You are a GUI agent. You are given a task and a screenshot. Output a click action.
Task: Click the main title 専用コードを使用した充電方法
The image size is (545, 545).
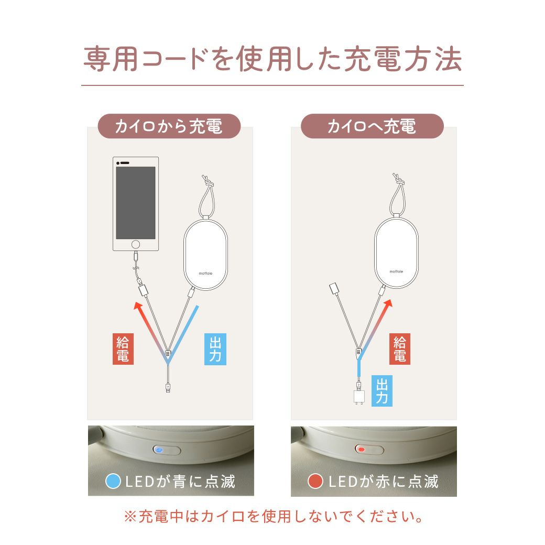tap(272, 59)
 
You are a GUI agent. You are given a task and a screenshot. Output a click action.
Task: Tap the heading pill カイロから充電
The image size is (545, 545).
tap(169, 126)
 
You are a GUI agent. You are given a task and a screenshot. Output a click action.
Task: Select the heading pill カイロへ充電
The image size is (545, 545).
tap(372, 126)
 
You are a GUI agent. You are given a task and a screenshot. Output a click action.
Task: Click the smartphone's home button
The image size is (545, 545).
tap(136, 244)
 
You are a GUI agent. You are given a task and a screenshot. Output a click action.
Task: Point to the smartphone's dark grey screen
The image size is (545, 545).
tap(136, 203)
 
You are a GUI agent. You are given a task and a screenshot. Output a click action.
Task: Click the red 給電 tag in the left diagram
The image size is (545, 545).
tap(123, 349)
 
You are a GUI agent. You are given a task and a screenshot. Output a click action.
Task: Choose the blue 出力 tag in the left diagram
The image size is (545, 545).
tap(215, 349)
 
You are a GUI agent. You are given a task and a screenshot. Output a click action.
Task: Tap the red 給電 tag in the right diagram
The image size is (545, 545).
tap(400, 349)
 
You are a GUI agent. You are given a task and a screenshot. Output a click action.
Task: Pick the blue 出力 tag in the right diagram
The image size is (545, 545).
tap(382, 391)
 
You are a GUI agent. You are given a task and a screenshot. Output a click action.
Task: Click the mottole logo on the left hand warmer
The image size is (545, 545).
tap(205, 274)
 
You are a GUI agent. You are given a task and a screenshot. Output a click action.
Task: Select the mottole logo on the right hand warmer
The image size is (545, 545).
tap(396, 271)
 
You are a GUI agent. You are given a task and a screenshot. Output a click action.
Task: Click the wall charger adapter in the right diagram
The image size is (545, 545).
tap(358, 397)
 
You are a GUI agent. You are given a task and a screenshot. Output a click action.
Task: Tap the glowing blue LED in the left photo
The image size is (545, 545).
tap(159, 450)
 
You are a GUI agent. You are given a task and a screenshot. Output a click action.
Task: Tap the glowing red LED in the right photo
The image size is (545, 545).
tap(362, 450)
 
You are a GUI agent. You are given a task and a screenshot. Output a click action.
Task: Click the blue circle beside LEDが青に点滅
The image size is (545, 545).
tap(113, 482)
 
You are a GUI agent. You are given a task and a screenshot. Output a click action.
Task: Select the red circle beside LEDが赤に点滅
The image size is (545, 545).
tap(315, 482)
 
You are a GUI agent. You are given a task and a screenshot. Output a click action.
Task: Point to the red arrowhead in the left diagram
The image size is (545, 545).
tap(138, 306)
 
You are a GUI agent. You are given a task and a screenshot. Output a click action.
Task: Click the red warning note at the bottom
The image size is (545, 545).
tap(273, 517)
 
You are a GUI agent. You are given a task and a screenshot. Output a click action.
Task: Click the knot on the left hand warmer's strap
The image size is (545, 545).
tap(207, 181)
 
